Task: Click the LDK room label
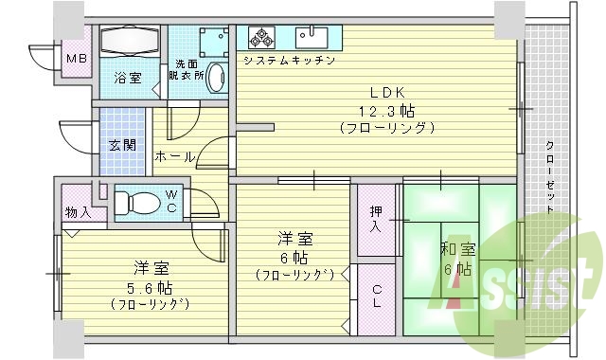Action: (387, 93)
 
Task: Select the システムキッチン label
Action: (289, 61)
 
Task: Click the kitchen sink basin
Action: (311, 37)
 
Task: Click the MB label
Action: (74, 61)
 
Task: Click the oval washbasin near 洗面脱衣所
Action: (216, 77)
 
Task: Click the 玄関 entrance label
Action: (120, 145)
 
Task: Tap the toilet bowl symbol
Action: (140, 201)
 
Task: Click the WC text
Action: (171, 201)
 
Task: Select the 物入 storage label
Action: (78, 212)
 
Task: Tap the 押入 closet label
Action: (376, 220)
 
